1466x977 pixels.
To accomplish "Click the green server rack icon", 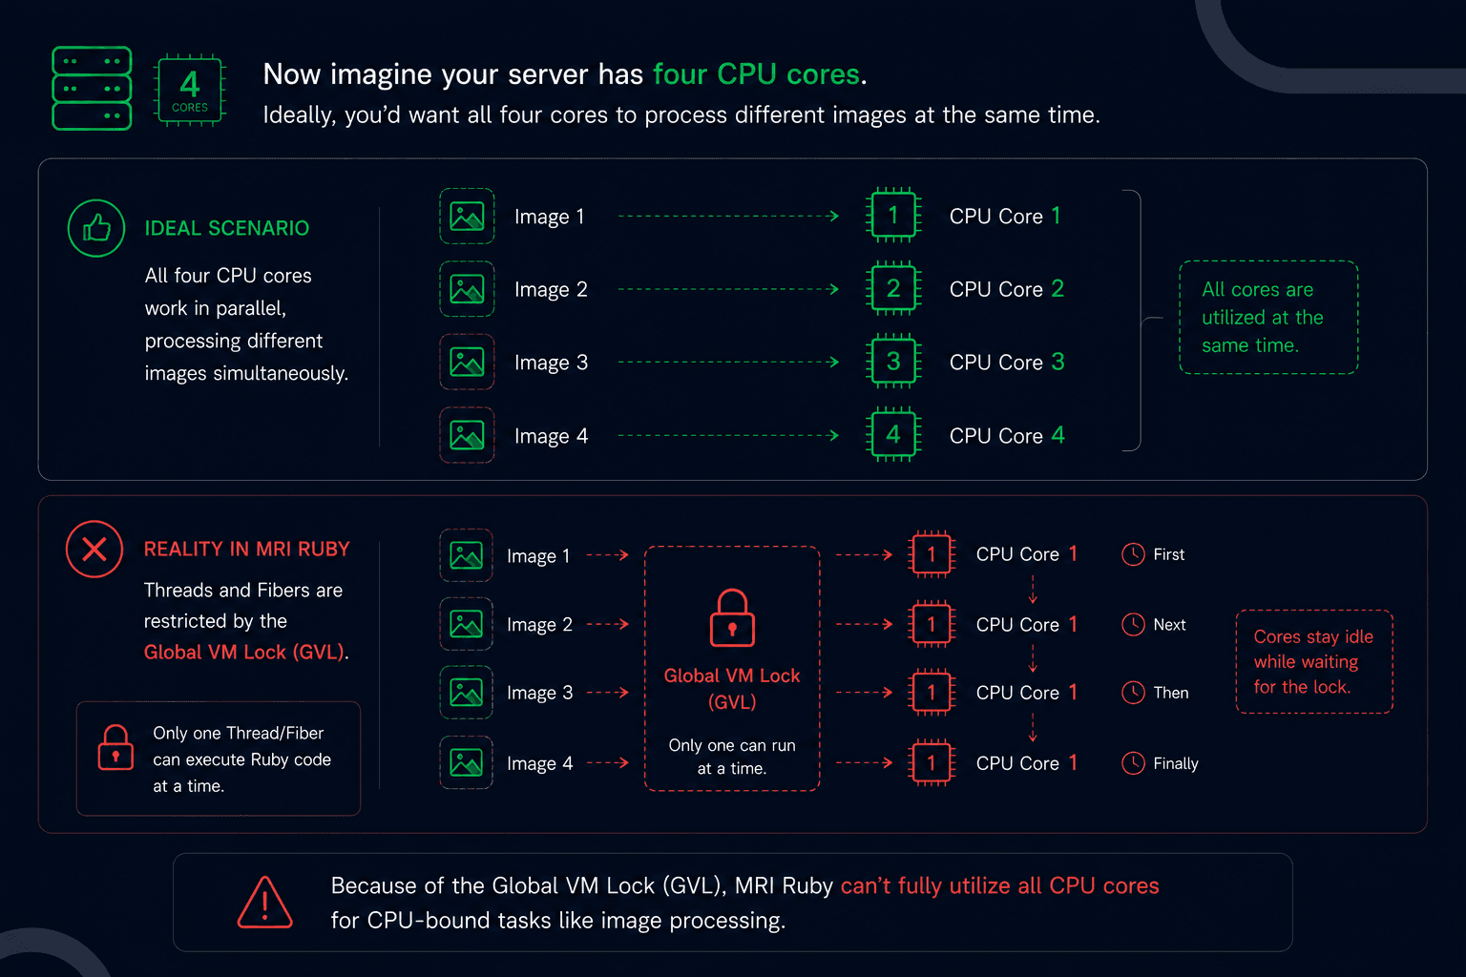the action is [x=92, y=89].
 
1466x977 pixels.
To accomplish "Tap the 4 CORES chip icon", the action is [x=190, y=90].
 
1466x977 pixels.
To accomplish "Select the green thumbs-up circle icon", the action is [x=96, y=228].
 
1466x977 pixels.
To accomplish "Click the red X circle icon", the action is [x=94, y=549].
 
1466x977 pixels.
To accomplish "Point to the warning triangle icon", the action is [x=264, y=903].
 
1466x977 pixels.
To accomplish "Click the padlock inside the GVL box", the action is [x=732, y=618].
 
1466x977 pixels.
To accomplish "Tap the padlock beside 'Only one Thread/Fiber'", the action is [x=115, y=748].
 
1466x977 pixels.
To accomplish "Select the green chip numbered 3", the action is [x=893, y=362].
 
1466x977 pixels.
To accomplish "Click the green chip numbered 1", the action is [x=893, y=216].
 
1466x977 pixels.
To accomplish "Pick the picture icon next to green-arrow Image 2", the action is [x=467, y=288].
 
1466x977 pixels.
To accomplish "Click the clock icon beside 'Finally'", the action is [x=1134, y=763].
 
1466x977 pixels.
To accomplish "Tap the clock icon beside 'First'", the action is [x=1134, y=554].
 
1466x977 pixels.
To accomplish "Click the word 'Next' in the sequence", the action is [x=1169, y=625].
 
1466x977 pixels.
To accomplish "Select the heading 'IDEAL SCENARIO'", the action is [x=226, y=228].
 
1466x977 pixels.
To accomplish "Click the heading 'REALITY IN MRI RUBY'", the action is [x=247, y=549].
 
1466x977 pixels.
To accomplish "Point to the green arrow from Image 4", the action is [x=728, y=435].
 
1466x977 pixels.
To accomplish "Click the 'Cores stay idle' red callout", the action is [x=1314, y=661].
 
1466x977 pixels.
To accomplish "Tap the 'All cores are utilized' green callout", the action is [x=1268, y=318].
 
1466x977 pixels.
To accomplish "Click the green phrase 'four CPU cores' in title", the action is [x=757, y=74].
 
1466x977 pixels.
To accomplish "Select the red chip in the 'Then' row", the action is [x=932, y=693].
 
